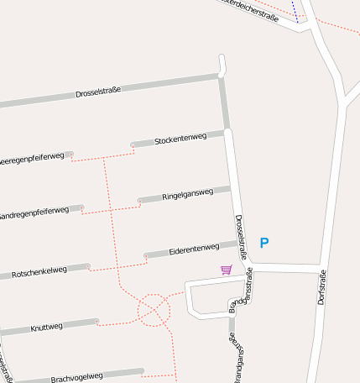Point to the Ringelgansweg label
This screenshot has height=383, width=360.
tap(188, 193)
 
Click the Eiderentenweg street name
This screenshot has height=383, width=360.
tap(194, 249)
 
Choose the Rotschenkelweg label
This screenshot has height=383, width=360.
tap(39, 273)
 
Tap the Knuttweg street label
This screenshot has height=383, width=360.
tap(46, 326)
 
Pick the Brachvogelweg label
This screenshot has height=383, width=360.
tap(76, 377)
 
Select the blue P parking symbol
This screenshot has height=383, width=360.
tap(264, 244)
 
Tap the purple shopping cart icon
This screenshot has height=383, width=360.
tap(226, 270)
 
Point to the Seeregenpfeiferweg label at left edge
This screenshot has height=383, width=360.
tap(31, 158)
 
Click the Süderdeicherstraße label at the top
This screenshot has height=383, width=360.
tap(248, 8)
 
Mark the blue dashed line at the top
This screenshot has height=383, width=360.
tap(295, 10)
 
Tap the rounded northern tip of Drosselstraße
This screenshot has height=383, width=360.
tap(222, 59)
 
